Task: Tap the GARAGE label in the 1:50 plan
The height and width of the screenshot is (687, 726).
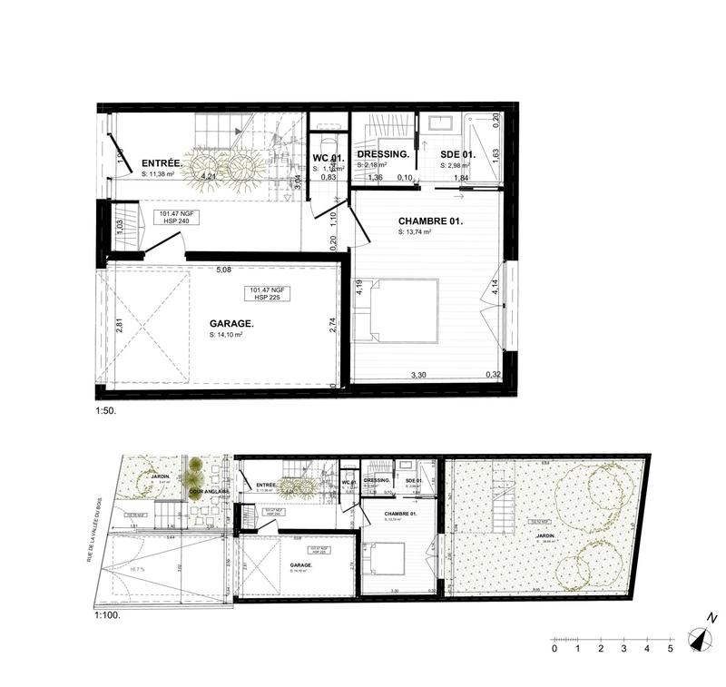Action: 231,323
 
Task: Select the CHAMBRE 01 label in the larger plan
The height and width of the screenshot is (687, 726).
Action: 430,221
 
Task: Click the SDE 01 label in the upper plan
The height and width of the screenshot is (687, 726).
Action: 458,155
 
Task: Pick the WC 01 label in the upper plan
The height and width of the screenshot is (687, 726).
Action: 329,157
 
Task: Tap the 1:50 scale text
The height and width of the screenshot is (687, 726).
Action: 106,409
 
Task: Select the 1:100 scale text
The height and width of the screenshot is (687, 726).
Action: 107,614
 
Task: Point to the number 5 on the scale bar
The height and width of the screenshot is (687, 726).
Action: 670,649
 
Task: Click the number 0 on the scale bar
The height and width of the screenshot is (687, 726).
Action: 554,649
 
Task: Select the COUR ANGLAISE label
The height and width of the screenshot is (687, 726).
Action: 208,492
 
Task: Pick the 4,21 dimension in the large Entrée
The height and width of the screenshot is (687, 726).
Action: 209,176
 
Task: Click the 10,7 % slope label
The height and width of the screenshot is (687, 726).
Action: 136,570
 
